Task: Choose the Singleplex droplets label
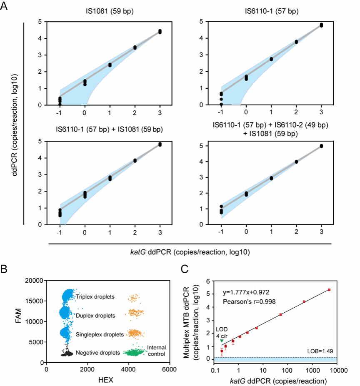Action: point(100,334)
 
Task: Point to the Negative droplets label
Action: point(98,352)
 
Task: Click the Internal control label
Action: point(156,351)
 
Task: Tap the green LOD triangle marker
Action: point(222,341)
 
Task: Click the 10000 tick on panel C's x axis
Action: point(337,369)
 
